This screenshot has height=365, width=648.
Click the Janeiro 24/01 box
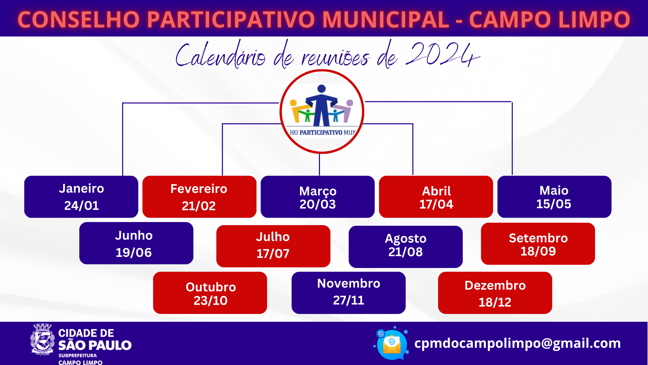pos(81,197)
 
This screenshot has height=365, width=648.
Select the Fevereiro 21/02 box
pos(199,197)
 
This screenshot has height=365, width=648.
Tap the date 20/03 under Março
pos(318,204)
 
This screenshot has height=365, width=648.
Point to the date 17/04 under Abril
pos(436,204)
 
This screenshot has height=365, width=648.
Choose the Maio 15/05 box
pos(555,197)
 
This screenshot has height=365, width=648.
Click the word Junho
pos(134,236)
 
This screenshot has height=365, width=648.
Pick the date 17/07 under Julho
pos(273,253)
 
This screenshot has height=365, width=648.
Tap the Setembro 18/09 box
pos(538,244)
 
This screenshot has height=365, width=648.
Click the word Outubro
pos(211,287)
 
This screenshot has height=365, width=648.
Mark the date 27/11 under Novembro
pos(349,300)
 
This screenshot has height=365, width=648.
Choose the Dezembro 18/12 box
pos(495,293)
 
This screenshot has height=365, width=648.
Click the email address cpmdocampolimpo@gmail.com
pos(517,343)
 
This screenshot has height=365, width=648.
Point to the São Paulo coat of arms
pos(43,339)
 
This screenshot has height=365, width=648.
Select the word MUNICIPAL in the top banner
pos(385,19)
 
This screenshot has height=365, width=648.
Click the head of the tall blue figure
pos(322,89)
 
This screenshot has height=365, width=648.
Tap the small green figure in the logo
pos(307,115)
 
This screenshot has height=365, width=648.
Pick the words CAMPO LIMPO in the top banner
pos(549,19)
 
